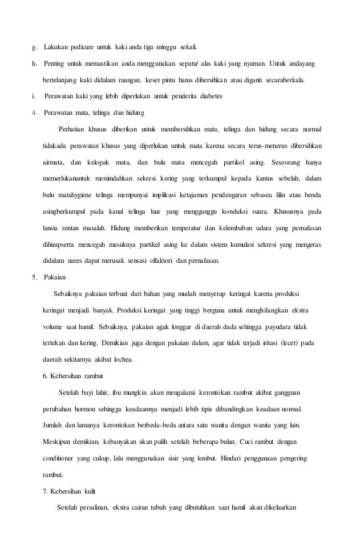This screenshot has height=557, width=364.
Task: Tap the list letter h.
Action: [33, 61]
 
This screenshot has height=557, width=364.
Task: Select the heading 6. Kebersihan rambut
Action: [71, 376]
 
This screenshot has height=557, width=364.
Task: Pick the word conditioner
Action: [60, 458]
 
